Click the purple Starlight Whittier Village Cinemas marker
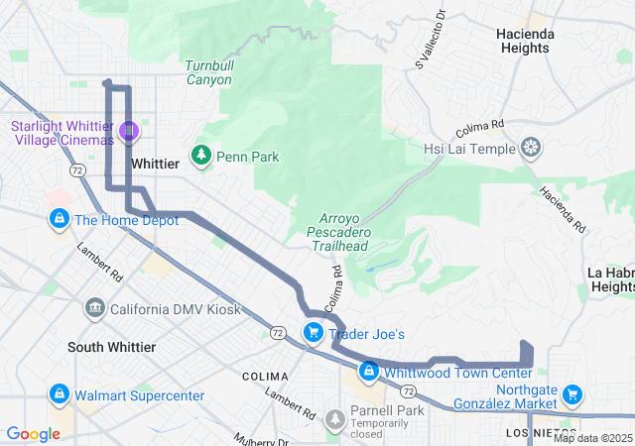tap(128, 131)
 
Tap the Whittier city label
tap(155, 163)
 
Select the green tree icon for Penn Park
tap(202, 156)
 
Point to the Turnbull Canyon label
tap(209, 72)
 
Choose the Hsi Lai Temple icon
tap(533, 149)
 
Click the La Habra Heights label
tap(611, 279)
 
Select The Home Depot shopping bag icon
tap(59, 219)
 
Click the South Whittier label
tap(111, 347)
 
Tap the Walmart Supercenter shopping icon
tap(59, 395)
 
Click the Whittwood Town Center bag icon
tap(368, 372)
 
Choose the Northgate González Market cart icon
tap(571, 395)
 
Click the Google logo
tap(33, 434)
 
